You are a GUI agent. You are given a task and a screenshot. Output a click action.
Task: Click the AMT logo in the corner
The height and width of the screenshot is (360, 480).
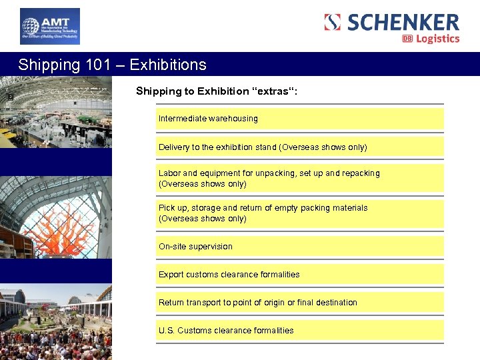(49, 26)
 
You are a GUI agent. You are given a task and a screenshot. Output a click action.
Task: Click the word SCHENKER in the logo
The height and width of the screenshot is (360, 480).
(403, 22)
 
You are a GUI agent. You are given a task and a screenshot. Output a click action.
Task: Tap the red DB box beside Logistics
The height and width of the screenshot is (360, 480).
(407, 39)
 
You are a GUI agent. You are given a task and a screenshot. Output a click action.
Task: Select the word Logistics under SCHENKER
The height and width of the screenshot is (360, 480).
(438, 39)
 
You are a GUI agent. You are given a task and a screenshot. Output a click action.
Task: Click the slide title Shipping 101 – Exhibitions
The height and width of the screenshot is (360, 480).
(112, 65)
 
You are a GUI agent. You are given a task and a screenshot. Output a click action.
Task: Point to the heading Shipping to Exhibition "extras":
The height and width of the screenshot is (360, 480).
(217, 91)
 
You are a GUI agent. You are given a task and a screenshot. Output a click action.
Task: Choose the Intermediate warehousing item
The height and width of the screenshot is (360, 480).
(208, 119)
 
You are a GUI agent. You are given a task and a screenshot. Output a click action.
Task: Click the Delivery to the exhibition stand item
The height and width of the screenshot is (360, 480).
(263, 147)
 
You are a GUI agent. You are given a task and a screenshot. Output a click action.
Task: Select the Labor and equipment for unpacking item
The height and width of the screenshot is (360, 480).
(269, 178)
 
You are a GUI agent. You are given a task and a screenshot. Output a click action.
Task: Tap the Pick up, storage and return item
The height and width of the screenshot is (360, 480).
(263, 213)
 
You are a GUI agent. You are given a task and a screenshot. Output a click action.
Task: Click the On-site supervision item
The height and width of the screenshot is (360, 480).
(195, 247)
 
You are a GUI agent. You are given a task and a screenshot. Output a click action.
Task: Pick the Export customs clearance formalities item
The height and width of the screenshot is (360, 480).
(229, 275)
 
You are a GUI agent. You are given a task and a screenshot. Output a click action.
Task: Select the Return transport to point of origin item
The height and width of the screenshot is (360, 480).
(257, 303)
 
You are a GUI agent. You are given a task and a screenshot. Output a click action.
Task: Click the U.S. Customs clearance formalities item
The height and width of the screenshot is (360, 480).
(225, 331)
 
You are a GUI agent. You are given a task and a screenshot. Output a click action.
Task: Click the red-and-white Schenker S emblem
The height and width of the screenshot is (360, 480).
(333, 22)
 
